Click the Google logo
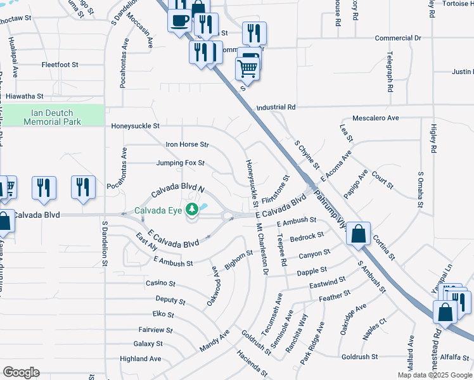pos(21,372)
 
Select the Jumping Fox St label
pos(181,163)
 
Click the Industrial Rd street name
pos(276,108)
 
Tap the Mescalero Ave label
pos(376,118)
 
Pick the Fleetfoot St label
pos(60,65)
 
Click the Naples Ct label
pos(374,330)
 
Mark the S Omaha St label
pos(420,189)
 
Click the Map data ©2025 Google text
pos(434,374)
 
